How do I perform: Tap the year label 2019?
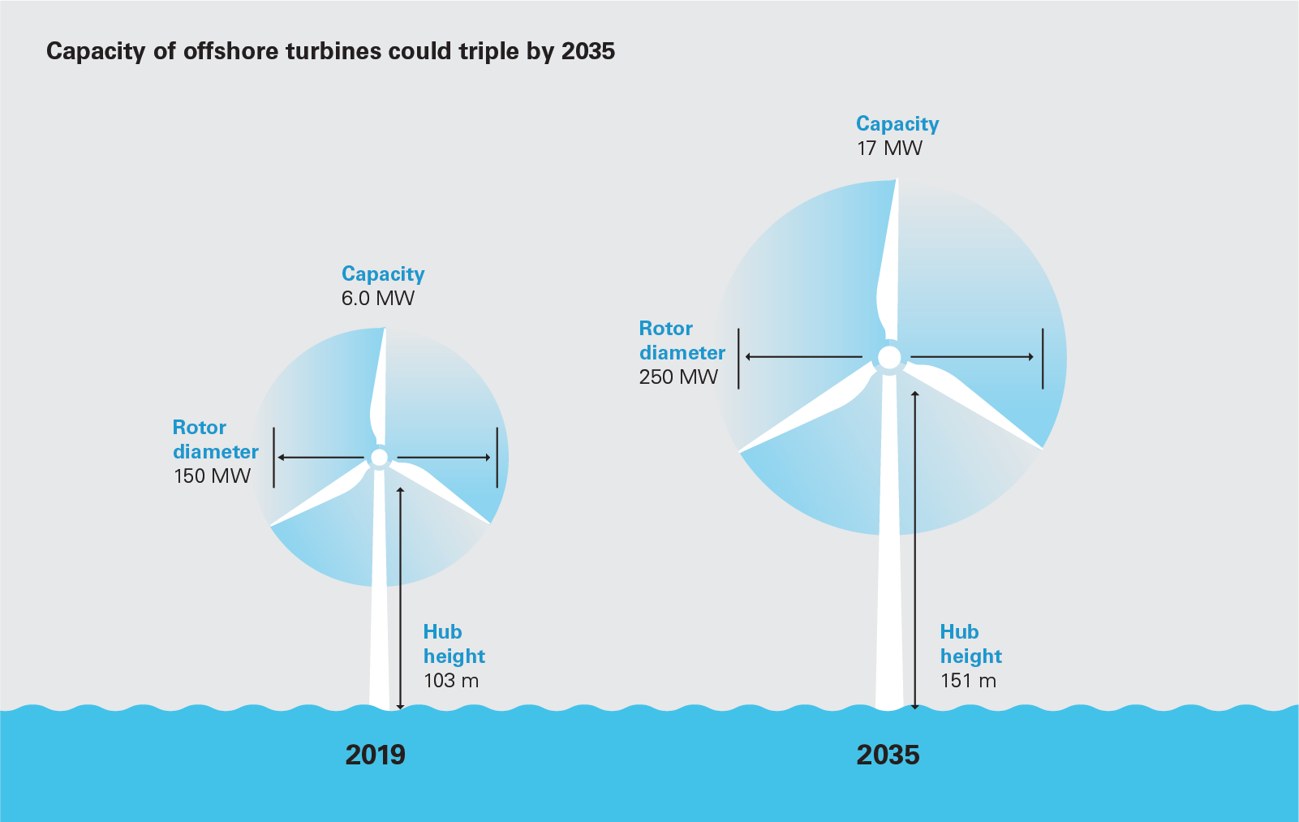[x=375, y=755]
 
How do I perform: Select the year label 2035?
[x=888, y=755]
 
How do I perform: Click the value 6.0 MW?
[x=377, y=298]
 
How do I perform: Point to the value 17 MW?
[x=889, y=148]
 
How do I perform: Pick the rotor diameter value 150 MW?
[x=212, y=476]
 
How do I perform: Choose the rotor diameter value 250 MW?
[x=678, y=377]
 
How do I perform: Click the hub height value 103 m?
[x=451, y=680]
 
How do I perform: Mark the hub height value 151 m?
[x=968, y=680]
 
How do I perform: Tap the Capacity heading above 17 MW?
[x=897, y=123]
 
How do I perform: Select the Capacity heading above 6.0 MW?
[x=383, y=273]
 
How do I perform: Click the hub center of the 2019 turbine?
[x=379, y=458]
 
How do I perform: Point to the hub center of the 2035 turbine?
[x=889, y=357]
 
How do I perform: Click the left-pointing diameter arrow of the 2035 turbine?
[x=803, y=357]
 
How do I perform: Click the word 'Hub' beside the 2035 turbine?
[x=959, y=631]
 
